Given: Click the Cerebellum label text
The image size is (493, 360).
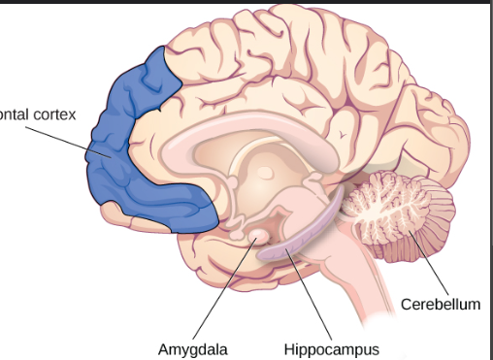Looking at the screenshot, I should (x=441, y=305).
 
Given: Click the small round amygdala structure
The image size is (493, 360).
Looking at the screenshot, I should (x=260, y=236).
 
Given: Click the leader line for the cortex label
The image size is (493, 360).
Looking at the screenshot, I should (x=68, y=136).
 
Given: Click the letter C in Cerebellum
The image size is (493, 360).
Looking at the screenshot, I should (x=406, y=305).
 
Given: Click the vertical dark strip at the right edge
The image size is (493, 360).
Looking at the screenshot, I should (x=488, y=180).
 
